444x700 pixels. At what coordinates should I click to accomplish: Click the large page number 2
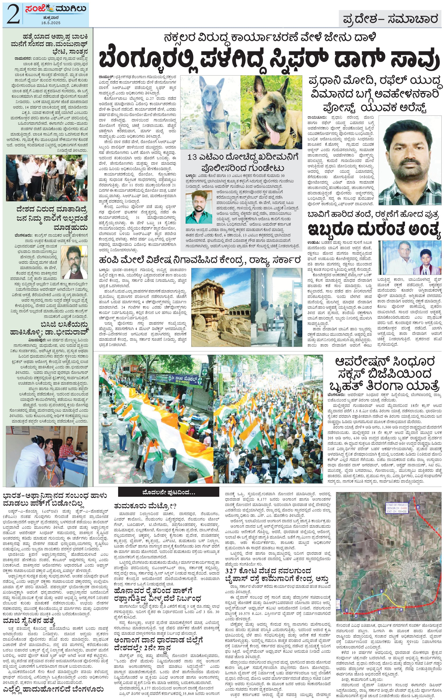click(12, 15)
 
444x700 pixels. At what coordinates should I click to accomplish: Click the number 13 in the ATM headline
click(192, 157)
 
